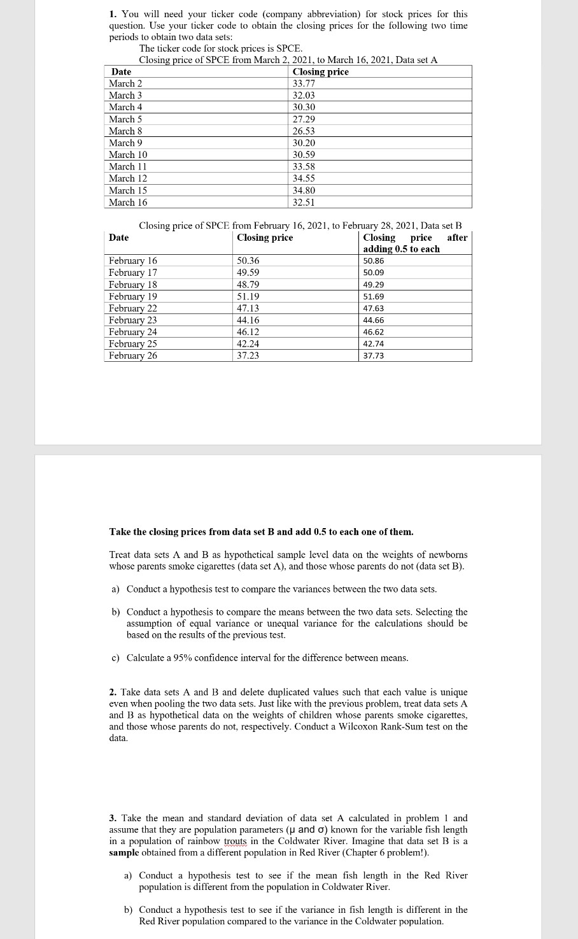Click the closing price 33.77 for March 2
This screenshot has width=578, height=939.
(x=304, y=83)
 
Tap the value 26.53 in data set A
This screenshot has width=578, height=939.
(x=304, y=131)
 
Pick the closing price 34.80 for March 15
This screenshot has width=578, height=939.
(x=304, y=190)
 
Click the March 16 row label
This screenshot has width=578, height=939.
(x=128, y=203)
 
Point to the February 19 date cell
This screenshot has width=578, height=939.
(x=133, y=297)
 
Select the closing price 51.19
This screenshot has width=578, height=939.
(x=248, y=297)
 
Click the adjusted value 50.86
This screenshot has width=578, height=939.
(x=374, y=261)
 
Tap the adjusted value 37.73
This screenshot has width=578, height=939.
(x=374, y=356)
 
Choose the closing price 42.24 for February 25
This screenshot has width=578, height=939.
(x=248, y=344)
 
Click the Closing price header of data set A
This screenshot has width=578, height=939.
(x=320, y=72)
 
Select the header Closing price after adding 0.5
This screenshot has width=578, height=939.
(x=414, y=243)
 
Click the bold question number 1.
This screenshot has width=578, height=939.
(x=112, y=14)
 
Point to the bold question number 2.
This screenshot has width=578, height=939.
(x=112, y=692)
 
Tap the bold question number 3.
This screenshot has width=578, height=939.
(x=112, y=818)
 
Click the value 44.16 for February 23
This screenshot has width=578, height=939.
(x=248, y=320)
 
